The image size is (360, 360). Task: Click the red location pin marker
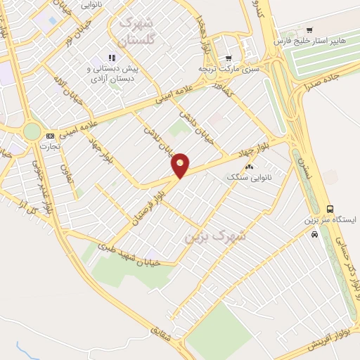click(181, 165)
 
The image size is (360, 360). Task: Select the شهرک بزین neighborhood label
click(216, 236)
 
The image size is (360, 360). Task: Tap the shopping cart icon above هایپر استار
click(309, 30)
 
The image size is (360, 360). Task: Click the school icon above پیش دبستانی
click(110, 58)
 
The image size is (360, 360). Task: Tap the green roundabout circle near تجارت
click(32, 131)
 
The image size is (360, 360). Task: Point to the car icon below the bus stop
click(314, 234)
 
